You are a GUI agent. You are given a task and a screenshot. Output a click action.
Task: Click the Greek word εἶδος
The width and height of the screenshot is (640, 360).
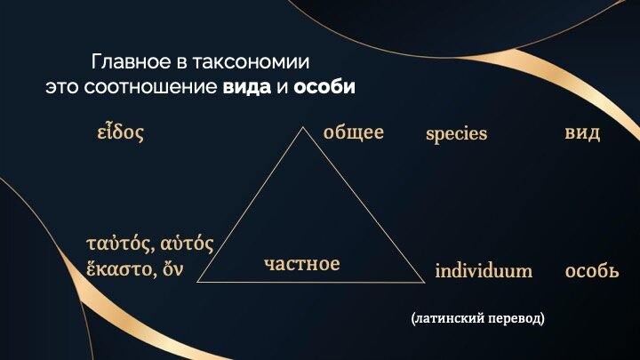tap(120, 132)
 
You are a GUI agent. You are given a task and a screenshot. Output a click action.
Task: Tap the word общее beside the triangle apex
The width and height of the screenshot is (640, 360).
tap(354, 132)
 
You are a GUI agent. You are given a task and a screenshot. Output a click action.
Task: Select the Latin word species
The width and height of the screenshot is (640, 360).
tap(456, 134)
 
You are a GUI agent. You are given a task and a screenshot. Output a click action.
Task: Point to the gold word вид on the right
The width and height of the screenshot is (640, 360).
tap(582, 133)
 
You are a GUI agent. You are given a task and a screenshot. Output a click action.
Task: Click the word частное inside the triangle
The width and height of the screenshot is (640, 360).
tap(301, 264)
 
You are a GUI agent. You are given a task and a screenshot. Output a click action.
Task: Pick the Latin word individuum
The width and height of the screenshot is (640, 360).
tap(484, 270)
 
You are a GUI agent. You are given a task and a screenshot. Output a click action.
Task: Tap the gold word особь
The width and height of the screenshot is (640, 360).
tap(592, 270)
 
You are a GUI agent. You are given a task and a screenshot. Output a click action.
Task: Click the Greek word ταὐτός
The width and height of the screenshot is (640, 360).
tap(120, 244)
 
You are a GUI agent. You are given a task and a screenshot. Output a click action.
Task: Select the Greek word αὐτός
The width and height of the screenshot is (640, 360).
tap(187, 244)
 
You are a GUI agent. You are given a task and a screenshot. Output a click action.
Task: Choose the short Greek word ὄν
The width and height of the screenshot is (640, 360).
tap(172, 269)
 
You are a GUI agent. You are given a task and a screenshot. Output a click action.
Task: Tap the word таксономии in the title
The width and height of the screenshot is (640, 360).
tap(250, 62)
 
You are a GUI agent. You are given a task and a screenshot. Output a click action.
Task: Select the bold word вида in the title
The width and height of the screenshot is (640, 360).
tap(247, 87)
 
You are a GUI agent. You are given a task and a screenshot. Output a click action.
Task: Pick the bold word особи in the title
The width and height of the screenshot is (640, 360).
tap(324, 87)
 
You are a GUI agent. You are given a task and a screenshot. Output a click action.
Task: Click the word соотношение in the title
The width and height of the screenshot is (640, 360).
tap(150, 87)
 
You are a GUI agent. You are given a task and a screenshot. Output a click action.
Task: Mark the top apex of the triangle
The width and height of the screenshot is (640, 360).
tap(303, 127)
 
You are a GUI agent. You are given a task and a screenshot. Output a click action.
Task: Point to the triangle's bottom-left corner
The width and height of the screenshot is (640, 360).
tap(197, 282)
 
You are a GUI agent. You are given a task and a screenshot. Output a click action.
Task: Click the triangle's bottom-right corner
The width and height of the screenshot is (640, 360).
tap(425, 282)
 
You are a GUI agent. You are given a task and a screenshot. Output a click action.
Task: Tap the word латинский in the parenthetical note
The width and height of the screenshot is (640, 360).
tap(447, 318)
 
